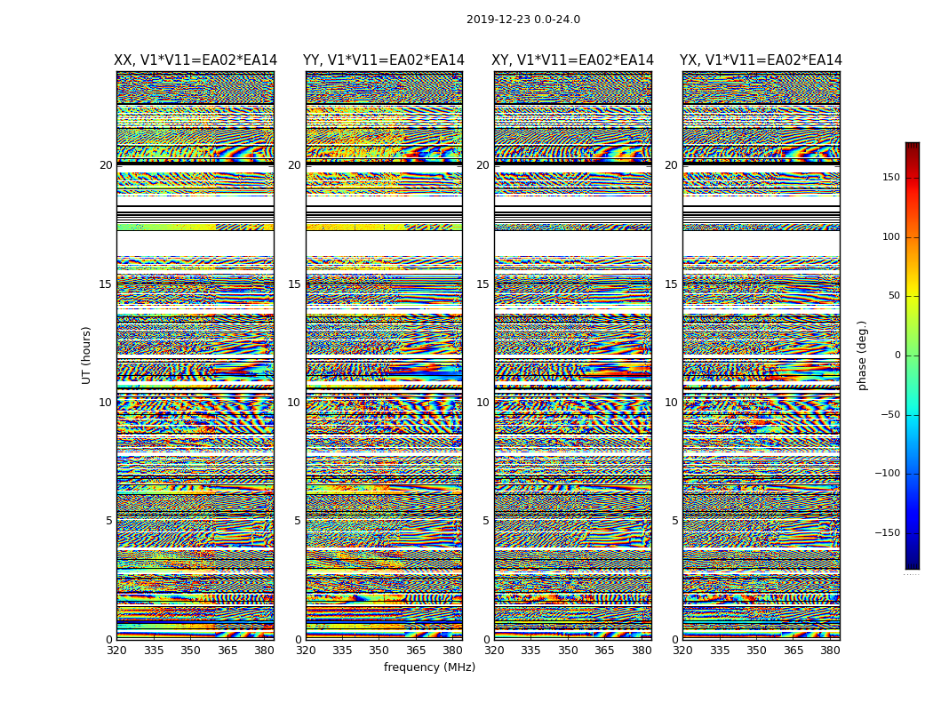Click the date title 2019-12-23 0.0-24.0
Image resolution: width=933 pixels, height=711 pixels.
[x=522, y=20]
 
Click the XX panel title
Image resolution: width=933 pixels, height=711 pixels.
[x=195, y=60]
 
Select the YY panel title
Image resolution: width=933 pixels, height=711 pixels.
[x=384, y=60]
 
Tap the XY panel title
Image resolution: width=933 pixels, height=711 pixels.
[x=572, y=60]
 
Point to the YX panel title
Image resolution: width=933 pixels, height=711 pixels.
[x=761, y=60]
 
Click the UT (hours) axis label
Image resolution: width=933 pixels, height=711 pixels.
[x=86, y=355]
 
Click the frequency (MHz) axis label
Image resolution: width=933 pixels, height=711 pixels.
[x=429, y=667]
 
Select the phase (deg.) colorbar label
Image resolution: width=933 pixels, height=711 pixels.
[x=862, y=355]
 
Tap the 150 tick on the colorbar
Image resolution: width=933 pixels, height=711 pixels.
[x=891, y=178]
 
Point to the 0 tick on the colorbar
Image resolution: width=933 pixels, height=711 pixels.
[x=897, y=355]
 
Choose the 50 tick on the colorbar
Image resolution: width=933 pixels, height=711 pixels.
[x=894, y=296]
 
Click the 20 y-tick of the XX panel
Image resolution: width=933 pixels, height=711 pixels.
[x=106, y=165]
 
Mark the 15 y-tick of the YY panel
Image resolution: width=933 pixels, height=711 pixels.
[x=294, y=284]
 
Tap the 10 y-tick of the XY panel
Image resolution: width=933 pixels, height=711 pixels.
[x=482, y=403]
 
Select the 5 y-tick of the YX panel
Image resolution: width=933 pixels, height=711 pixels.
[x=674, y=521]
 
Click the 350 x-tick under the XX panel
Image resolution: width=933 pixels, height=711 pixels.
[x=190, y=650]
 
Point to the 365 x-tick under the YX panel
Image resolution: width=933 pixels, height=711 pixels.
[x=793, y=650]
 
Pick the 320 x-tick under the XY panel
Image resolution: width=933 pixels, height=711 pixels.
[x=494, y=650]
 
